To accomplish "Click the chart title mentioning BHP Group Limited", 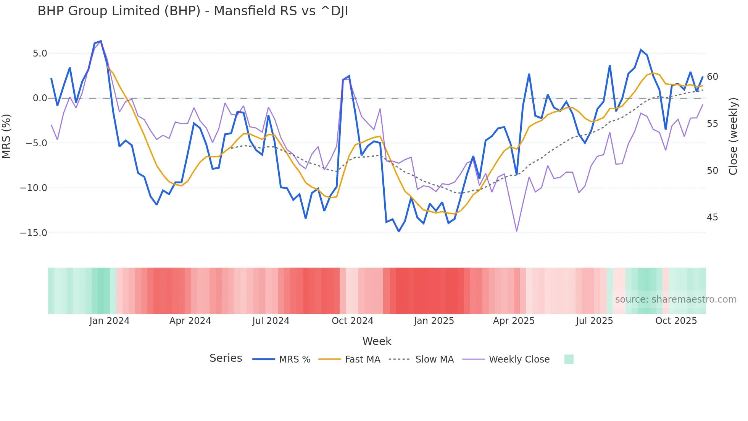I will pos(193,11).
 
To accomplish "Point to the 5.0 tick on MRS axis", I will pos(40,53).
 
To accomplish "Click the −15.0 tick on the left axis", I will pos(34,233).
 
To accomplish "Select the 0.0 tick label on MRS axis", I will pos(40,98).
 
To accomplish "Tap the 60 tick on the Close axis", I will pos(712,77).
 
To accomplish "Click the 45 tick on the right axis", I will pos(712,217).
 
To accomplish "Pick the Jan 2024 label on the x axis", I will pos(110,321).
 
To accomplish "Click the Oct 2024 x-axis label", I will pos(352,321).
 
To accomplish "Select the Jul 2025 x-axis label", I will pos(594,321).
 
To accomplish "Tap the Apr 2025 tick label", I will pos(514,321).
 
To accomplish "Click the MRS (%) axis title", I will pos(6,136).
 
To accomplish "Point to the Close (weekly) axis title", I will pos(733,136).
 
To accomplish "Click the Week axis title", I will pos(377,341).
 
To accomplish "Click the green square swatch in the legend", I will pos(569,359).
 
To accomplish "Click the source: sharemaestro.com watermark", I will pos(675,300).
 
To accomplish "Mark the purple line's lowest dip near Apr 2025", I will pos(517,231).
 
